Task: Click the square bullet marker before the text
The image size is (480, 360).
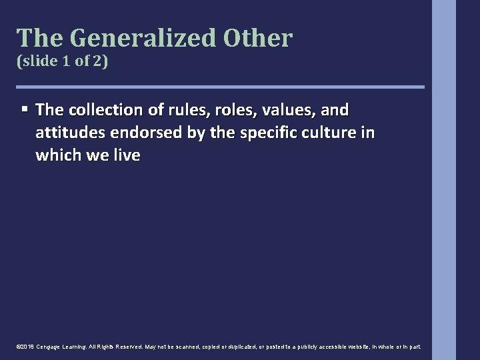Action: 25,109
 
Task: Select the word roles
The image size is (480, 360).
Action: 215,109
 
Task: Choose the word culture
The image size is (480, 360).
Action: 321,133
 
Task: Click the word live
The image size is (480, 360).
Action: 126,155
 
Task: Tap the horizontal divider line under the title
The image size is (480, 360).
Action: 220,87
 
